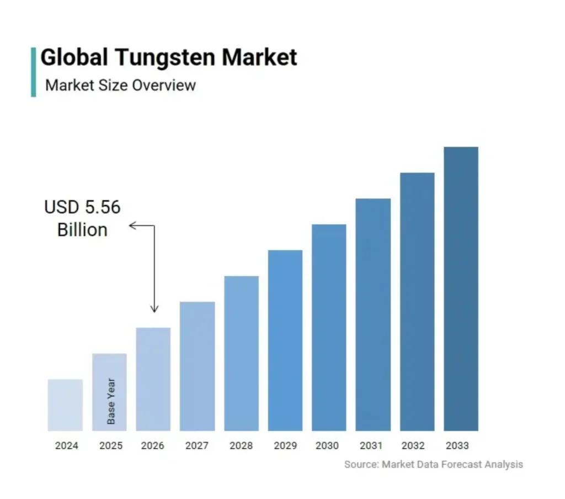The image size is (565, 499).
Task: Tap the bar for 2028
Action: coord(241,353)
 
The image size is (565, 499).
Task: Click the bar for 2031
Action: coord(373,314)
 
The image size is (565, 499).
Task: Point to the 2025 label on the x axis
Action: coord(110,446)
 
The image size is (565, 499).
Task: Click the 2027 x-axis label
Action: coord(197,446)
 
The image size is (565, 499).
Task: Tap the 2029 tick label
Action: coord(285,446)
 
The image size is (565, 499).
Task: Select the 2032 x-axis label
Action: coord(417,446)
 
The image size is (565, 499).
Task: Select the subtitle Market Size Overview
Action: coord(120,86)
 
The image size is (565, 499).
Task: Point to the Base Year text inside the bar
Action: coord(111,401)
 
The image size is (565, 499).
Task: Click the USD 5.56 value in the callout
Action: coord(82,208)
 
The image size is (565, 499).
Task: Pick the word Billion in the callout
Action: coord(82,230)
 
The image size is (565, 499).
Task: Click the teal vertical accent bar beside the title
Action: coord(34,72)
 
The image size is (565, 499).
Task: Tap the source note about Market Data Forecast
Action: coord(433,464)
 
